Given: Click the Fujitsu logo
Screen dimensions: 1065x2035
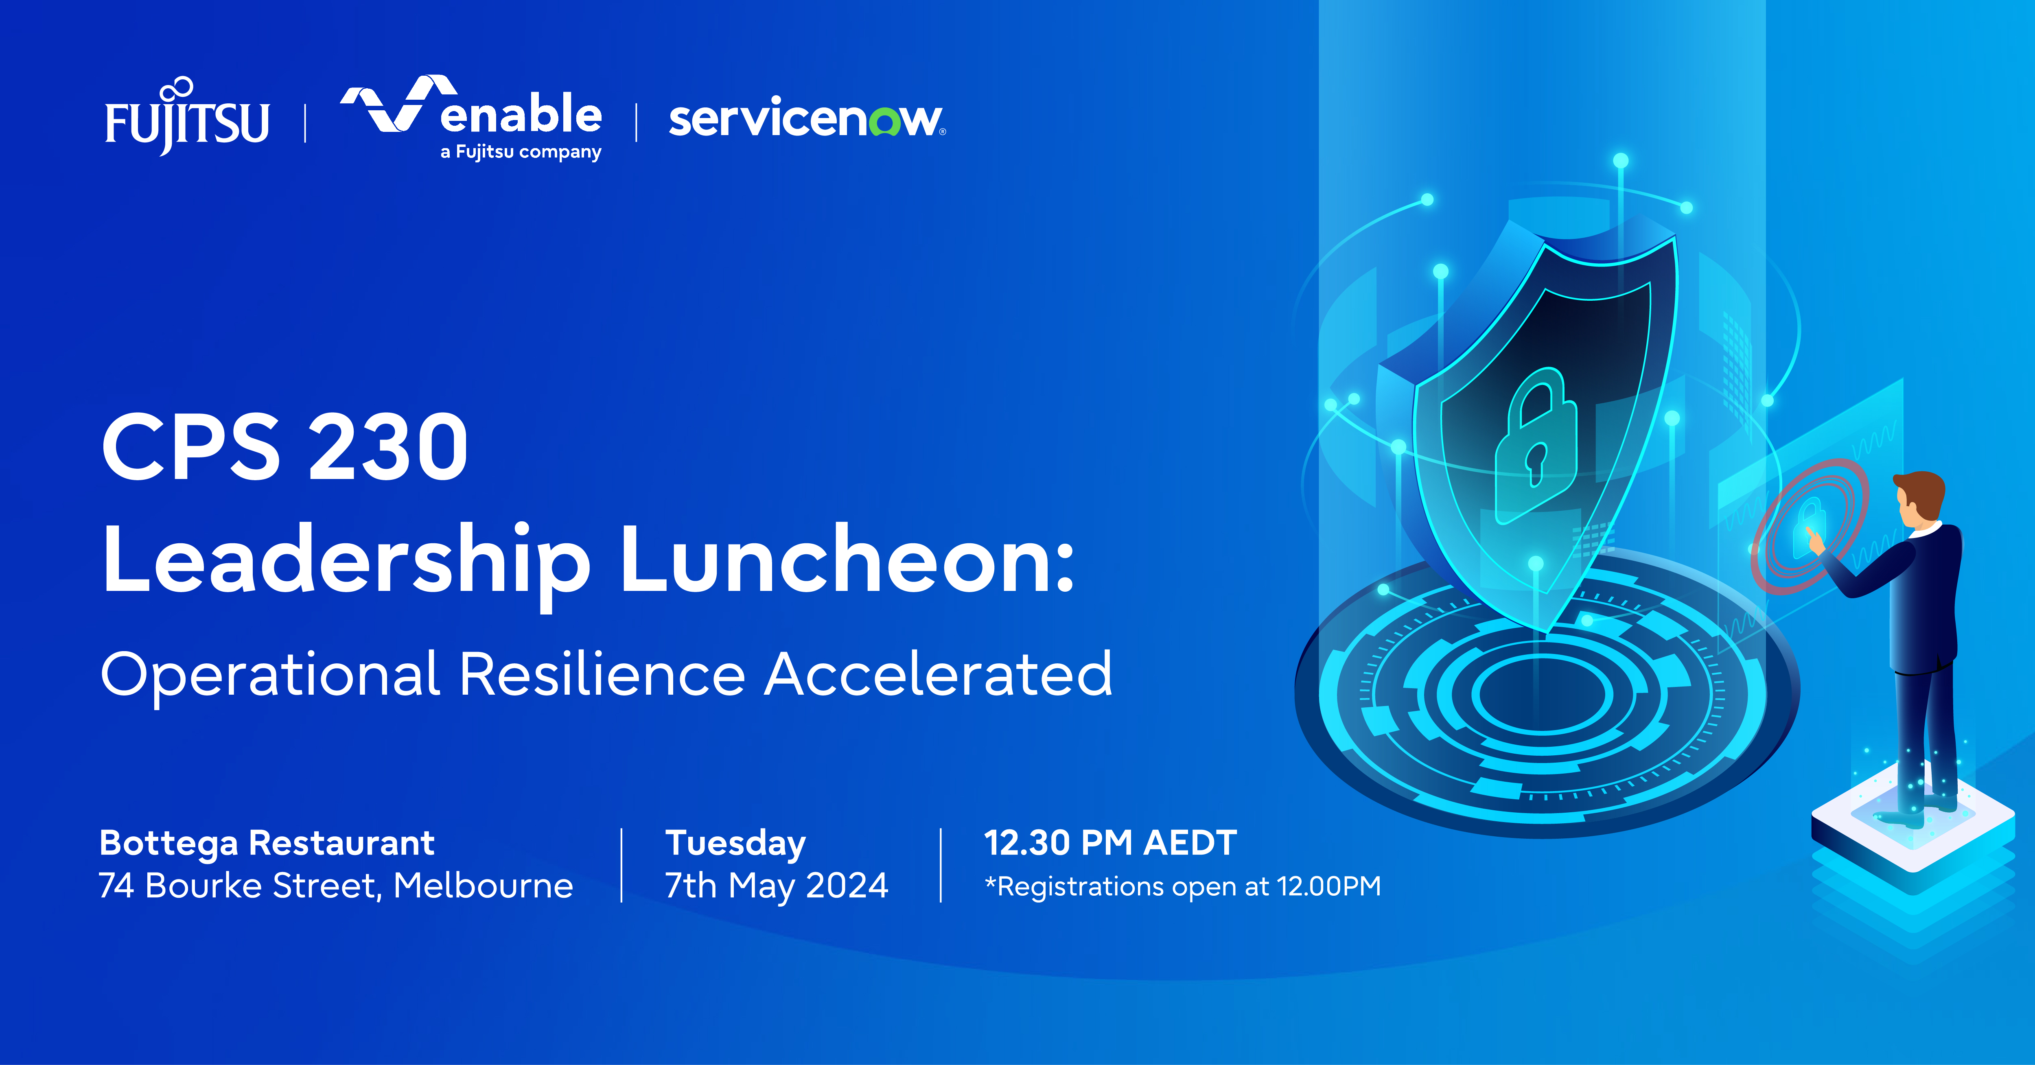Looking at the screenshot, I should tap(187, 118).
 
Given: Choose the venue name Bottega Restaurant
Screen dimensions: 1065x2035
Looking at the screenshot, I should tap(267, 843).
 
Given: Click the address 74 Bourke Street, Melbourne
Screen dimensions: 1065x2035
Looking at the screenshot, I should tap(336, 886).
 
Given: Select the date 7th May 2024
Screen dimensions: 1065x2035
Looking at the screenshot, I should tap(777, 886).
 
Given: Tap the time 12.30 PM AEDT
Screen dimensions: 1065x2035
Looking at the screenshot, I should tap(1110, 843).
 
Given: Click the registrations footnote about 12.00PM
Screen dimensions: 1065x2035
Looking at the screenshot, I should tap(1183, 886).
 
